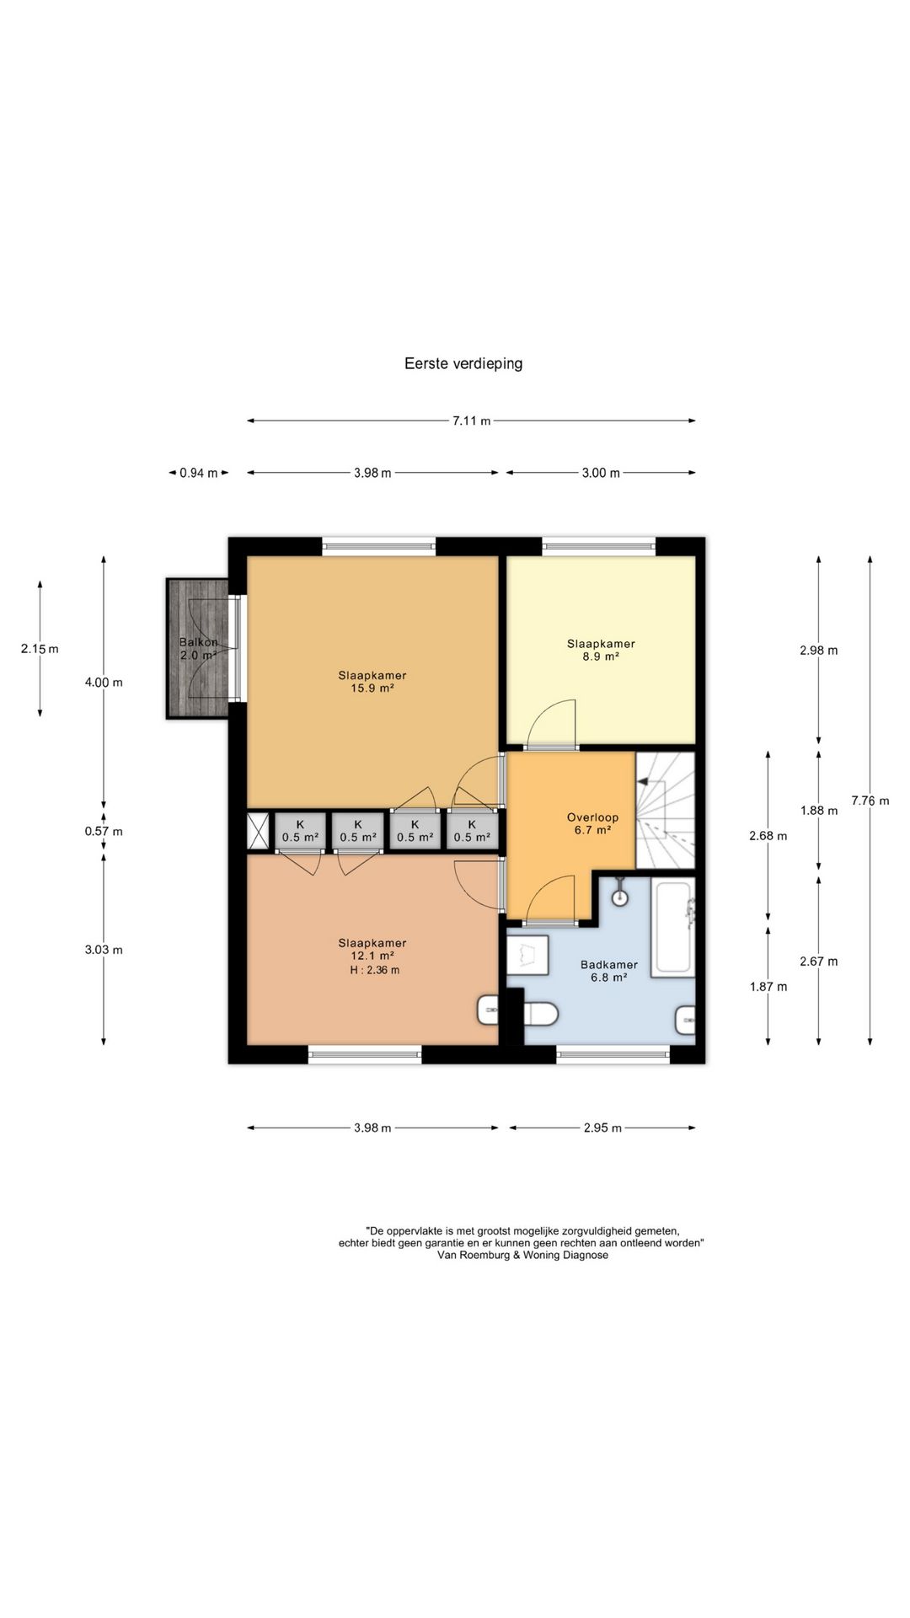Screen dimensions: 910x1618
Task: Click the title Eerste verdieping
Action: [463, 364]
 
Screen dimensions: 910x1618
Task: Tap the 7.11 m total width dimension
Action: [472, 421]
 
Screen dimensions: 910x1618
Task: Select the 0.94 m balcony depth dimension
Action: [199, 474]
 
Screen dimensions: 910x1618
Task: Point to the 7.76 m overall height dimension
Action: [870, 801]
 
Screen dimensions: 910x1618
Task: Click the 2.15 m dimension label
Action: [40, 649]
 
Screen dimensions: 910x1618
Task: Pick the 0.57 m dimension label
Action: [104, 832]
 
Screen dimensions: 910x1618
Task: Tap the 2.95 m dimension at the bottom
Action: [602, 1128]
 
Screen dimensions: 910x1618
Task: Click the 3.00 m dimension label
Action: [601, 474]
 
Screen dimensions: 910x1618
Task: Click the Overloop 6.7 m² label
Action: [592, 823]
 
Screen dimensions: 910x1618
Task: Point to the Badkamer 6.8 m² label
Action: [609, 971]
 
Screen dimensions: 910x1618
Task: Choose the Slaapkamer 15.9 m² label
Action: [372, 681]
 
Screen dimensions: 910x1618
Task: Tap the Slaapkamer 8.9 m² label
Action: [601, 650]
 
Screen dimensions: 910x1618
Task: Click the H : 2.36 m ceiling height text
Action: [375, 970]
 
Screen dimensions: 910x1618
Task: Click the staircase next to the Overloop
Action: [666, 811]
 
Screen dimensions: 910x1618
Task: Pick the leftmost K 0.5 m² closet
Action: [300, 830]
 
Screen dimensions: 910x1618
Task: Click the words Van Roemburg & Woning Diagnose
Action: [522, 1255]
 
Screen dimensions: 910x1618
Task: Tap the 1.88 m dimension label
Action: [819, 811]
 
